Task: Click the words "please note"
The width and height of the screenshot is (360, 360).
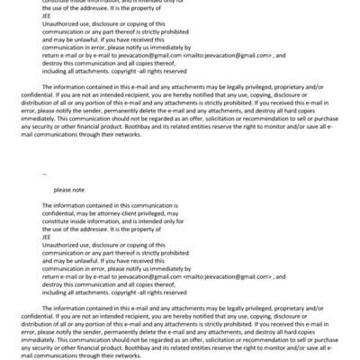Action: [x=69, y=190]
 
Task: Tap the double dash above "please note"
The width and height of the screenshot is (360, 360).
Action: [x=45, y=171]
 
